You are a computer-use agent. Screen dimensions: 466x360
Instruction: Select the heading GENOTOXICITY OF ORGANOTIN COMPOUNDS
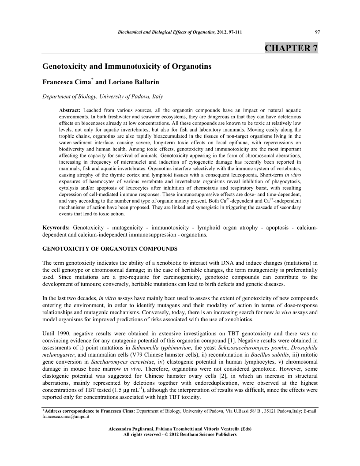(110, 249)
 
